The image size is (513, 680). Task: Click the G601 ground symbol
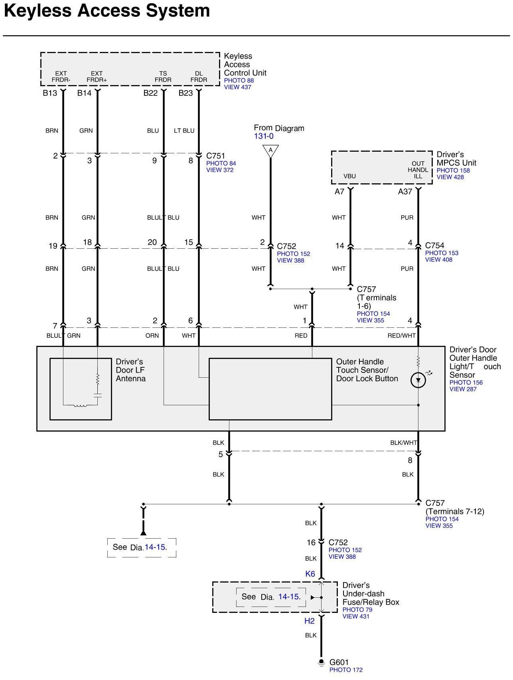click(321, 662)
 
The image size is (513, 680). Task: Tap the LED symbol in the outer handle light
click(418, 380)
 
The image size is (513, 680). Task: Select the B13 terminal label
click(50, 93)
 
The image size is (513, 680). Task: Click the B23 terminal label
click(185, 93)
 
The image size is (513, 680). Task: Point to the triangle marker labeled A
click(270, 151)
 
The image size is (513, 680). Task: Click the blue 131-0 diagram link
click(264, 136)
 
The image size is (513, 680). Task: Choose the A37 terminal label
click(405, 192)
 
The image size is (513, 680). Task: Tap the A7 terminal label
click(339, 192)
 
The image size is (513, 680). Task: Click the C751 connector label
click(215, 156)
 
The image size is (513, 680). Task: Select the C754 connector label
click(434, 246)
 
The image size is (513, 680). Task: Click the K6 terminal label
click(310, 574)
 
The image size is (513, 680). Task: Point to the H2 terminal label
click(310, 621)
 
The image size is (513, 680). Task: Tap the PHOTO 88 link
click(239, 80)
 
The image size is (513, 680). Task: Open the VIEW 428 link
click(450, 177)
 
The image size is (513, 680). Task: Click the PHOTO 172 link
click(346, 670)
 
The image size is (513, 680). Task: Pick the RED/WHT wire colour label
click(401, 336)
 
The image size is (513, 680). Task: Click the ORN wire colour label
click(152, 336)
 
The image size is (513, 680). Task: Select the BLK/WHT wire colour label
click(403, 442)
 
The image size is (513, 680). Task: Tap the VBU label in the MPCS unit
click(349, 176)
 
